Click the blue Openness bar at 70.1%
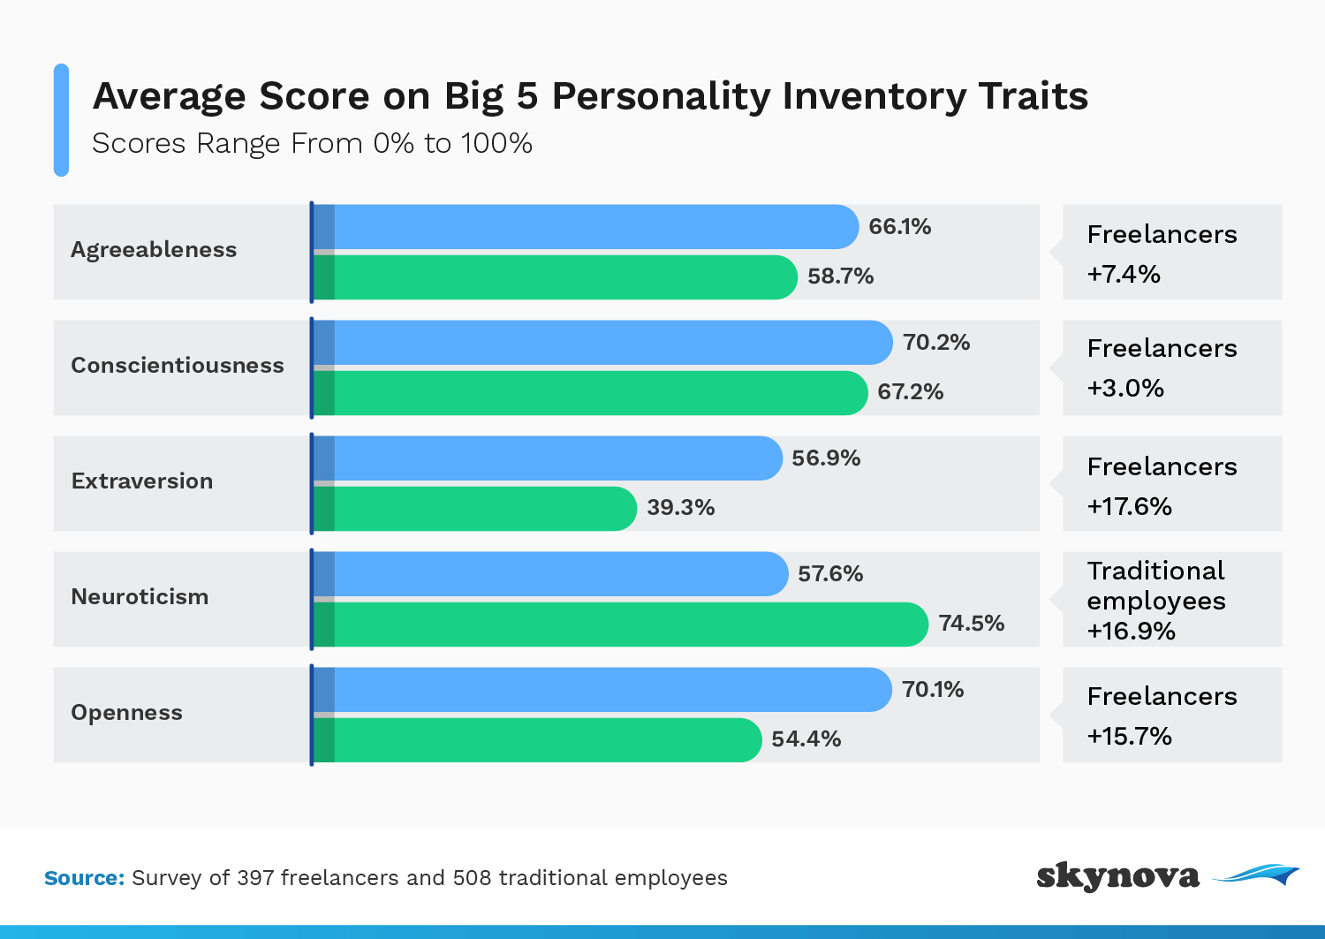602,690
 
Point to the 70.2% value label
936,343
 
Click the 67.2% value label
910,392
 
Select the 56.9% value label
826,458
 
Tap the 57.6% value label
830,574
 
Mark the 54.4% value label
806,739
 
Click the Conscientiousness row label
178,366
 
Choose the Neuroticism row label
140,597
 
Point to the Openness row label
126,713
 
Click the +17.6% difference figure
1130,507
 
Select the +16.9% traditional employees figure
1132,632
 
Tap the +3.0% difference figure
1125,389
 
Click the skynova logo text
1117,875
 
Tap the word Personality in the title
661,97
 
